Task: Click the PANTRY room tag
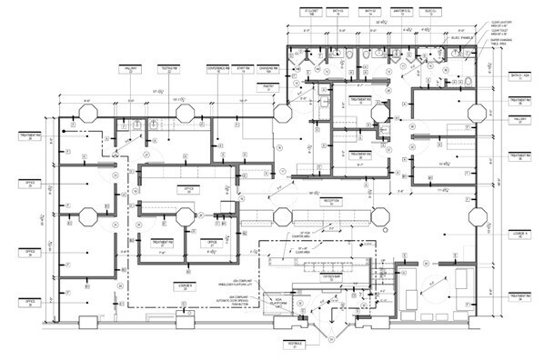[268, 86]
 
